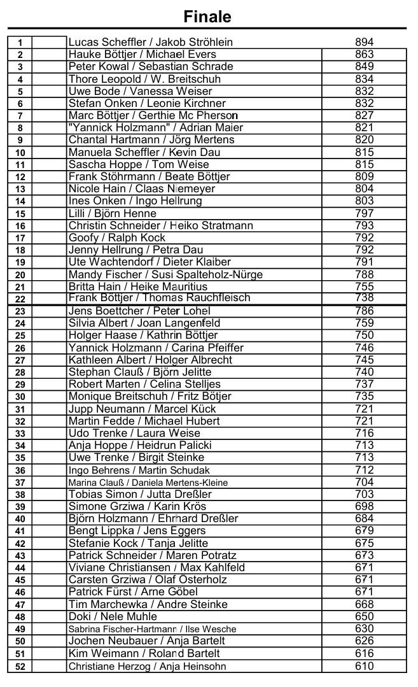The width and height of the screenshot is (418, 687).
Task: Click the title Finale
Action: pos(207,16)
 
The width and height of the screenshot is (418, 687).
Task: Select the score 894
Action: pos(364,42)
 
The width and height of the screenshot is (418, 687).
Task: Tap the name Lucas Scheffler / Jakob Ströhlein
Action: pos(150,42)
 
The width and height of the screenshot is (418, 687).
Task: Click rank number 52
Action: pos(20,666)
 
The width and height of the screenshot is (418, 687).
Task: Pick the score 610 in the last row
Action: pos(364,666)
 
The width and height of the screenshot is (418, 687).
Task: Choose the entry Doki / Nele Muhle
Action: pos(113,616)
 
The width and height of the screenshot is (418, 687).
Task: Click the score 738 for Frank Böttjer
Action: pos(364,298)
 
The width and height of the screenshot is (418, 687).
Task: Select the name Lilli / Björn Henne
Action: pos(112,213)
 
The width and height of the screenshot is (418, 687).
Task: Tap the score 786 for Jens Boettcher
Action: pos(364,311)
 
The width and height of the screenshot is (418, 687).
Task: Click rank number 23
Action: pos(20,311)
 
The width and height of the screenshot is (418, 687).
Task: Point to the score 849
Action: pos(364,66)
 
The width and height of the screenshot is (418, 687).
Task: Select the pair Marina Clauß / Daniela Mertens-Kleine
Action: pos(148,483)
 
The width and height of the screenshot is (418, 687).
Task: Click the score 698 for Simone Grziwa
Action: pos(364,506)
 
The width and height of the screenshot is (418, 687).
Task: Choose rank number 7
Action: pos(20,116)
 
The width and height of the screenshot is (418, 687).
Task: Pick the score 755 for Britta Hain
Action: pos(364,287)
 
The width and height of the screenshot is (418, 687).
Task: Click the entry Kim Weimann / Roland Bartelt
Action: pos(144,653)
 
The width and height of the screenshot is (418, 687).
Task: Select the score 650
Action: pos(364,616)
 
